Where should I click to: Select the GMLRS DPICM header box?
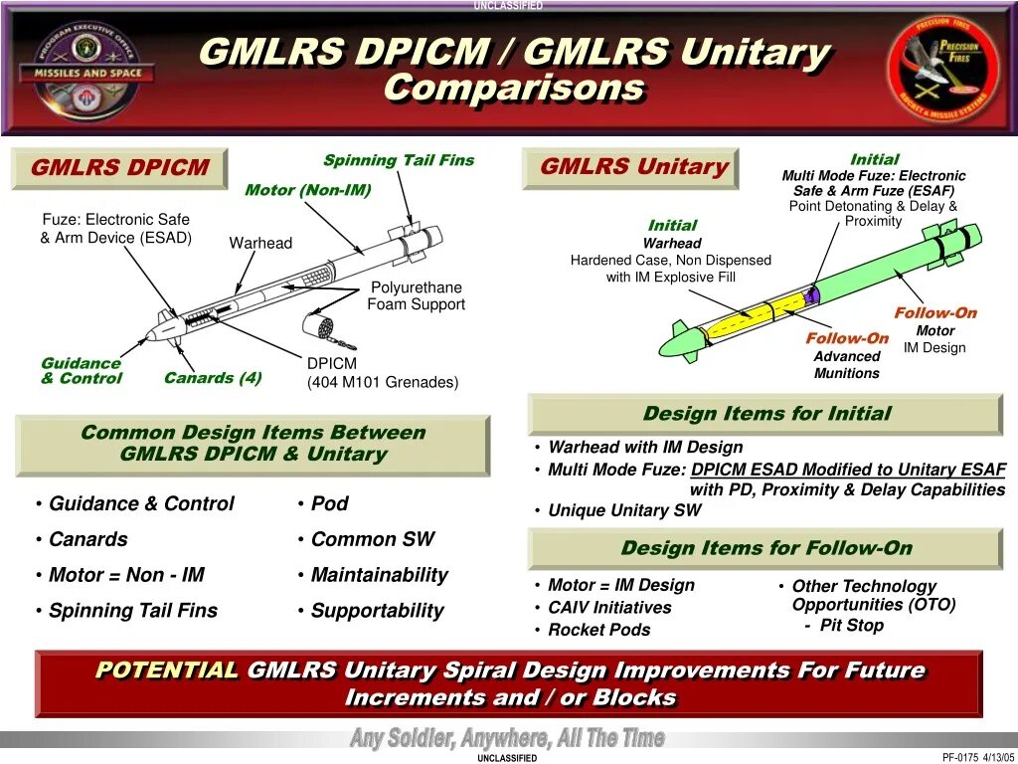[x=119, y=168]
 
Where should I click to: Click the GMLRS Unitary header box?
[x=633, y=168]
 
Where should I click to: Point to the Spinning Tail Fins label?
[x=399, y=160]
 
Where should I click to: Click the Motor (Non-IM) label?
[x=307, y=190]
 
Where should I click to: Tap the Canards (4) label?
[x=213, y=378]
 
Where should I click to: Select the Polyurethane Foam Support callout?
[x=417, y=296]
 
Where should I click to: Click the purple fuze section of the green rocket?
[x=811, y=295]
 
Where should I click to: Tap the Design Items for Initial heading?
[x=766, y=414]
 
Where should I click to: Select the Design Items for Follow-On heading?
[x=766, y=548]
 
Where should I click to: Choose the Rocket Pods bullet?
[x=598, y=630]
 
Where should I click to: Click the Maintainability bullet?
[x=379, y=575]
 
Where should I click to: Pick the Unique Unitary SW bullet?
[x=624, y=510]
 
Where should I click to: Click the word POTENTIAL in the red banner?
[x=167, y=670]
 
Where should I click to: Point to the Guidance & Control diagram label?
[x=82, y=371]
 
